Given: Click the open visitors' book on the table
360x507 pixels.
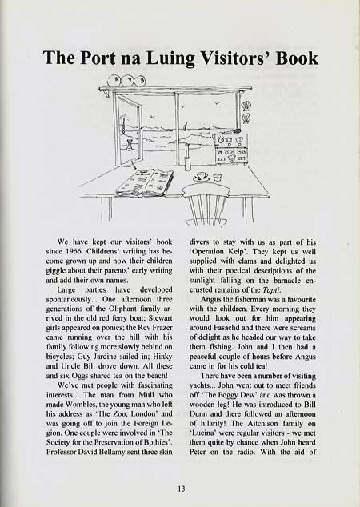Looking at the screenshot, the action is pos(144,182).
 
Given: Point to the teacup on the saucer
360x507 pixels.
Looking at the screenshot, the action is pos(200,176).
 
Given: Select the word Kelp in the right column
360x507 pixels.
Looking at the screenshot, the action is pos(250,251).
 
